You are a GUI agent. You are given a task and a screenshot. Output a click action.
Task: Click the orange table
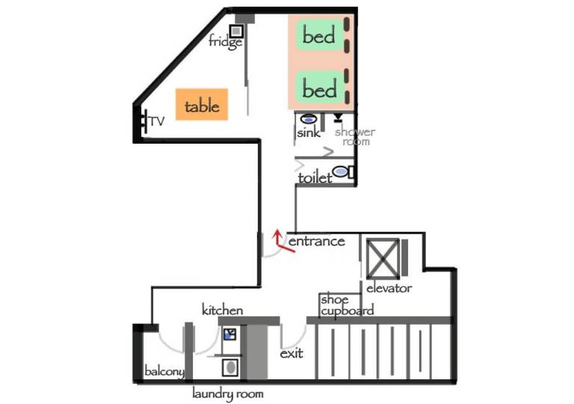[202, 105]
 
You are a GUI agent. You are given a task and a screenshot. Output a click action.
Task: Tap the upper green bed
[319, 36]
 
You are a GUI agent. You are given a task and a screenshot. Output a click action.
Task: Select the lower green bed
[319, 88]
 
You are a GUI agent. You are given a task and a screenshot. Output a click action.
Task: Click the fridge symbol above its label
[236, 31]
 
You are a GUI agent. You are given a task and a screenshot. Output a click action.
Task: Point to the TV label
[157, 121]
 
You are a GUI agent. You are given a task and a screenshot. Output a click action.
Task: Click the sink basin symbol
[308, 119]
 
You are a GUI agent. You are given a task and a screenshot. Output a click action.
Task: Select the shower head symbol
[338, 117]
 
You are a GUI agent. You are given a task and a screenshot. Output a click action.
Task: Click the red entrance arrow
[283, 242]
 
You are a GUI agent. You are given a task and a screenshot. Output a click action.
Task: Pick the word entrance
[317, 241]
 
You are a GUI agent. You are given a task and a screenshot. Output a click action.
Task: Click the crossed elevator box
[383, 258]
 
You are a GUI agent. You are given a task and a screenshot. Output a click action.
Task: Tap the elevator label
[389, 288]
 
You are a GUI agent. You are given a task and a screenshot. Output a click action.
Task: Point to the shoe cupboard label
[347, 305]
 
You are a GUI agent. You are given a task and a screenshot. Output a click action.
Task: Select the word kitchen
[222, 310]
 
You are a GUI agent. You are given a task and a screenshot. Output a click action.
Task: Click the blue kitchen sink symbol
[230, 334]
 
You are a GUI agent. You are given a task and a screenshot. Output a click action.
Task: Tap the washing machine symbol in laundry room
[230, 367]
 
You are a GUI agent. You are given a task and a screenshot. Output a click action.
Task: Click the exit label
[291, 354]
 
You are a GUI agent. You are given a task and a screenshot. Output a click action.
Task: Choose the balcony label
[164, 371]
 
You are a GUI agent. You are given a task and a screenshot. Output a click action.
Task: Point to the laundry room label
[228, 394]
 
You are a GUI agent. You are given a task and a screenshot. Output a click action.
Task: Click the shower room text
[355, 136]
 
